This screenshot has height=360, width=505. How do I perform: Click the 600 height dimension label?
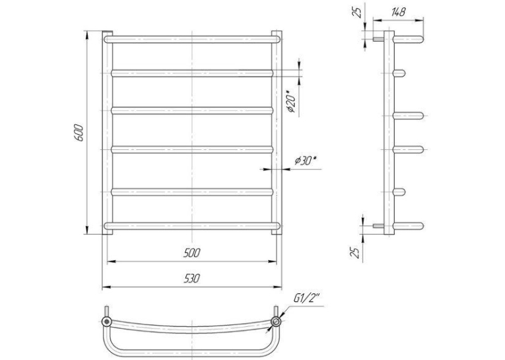click(x=79, y=132)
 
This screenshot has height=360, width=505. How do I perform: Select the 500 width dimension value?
click(x=191, y=253)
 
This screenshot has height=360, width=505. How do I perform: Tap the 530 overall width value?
click(x=192, y=278)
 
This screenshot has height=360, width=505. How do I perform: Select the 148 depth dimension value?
click(x=399, y=13)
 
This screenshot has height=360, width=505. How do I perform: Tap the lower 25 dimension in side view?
click(x=354, y=252)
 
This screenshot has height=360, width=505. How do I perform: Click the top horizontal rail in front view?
click(x=192, y=40)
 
